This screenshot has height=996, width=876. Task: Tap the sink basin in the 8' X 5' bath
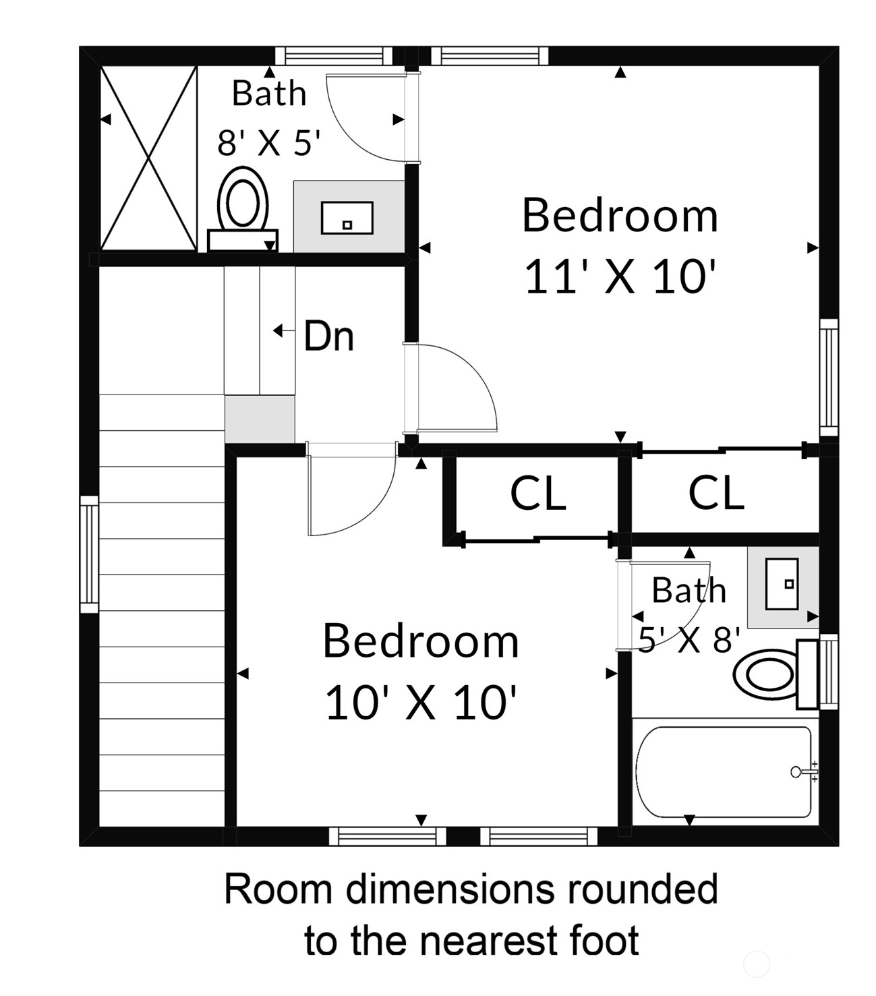point(347,218)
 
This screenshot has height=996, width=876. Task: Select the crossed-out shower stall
point(148,158)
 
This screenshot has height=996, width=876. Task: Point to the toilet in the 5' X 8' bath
point(776,674)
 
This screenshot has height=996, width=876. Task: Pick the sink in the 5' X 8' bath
point(782,584)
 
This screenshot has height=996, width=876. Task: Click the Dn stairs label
point(329,336)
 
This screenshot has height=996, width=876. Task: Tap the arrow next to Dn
point(284,331)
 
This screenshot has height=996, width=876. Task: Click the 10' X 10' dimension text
point(421,703)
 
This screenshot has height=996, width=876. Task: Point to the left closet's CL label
point(538,492)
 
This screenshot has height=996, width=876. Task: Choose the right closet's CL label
point(716,492)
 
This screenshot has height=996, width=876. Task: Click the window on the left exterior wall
point(89,554)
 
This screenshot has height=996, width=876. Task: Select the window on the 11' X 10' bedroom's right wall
point(829,378)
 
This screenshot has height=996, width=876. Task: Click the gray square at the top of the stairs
point(260,419)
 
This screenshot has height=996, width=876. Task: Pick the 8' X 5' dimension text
point(269,143)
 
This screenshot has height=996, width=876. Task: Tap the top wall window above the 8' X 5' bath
point(333,56)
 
